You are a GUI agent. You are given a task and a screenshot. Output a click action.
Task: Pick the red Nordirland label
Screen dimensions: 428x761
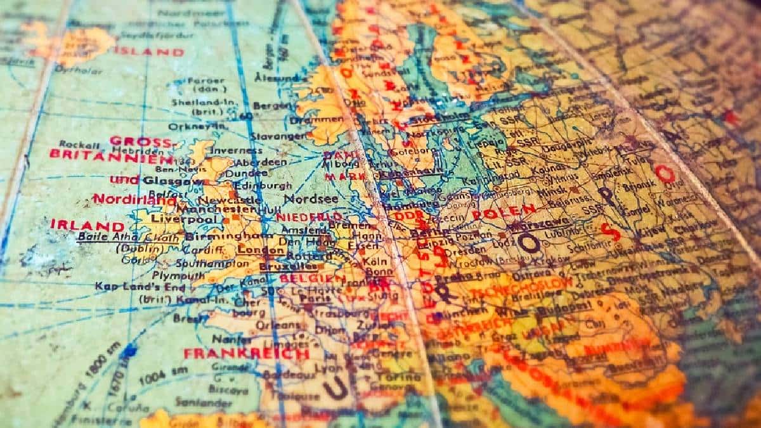coord(134,200)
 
